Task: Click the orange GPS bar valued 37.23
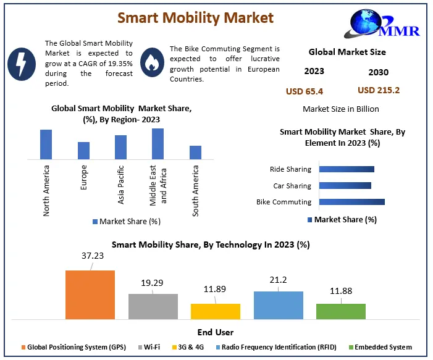(x=90, y=295)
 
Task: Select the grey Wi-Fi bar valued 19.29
(x=153, y=306)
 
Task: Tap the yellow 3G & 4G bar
(x=216, y=311)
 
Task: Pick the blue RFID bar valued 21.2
(x=278, y=305)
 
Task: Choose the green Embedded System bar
(x=340, y=311)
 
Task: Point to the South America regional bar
(x=195, y=153)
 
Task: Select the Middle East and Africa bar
(x=158, y=144)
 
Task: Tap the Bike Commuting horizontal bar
(x=353, y=202)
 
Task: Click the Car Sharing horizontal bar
(x=346, y=185)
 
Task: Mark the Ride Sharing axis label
(x=290, y=169)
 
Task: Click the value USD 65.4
(x=304, y=92)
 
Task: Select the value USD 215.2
(x=378, y=90)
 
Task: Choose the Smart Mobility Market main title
(x=195, y=18)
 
